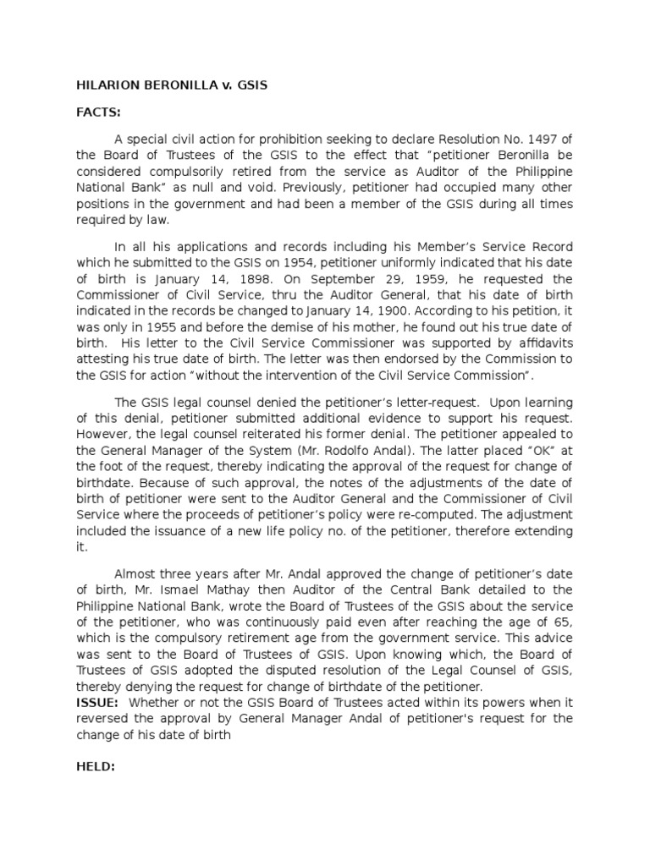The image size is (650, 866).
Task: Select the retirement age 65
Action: coord(562,621)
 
